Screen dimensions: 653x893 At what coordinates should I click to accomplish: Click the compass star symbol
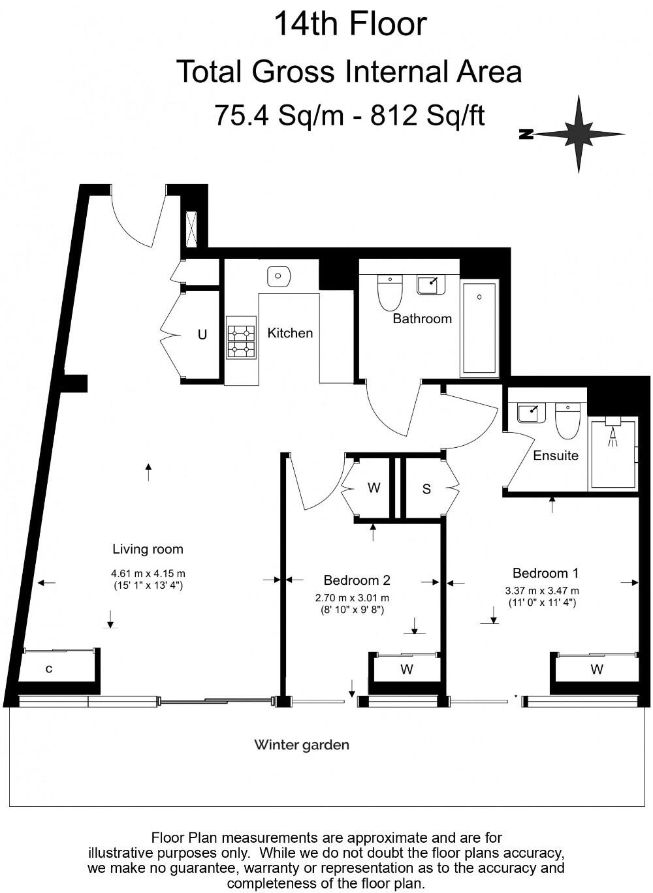tap(579, 134)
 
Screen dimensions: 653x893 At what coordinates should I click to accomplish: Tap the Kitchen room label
tap(290, 333)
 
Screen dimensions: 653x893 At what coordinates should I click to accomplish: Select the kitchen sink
tap(278, 275)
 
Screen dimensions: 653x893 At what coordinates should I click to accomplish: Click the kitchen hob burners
tap(242, 337)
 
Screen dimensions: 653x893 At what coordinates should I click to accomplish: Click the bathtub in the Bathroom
tap(479, 328)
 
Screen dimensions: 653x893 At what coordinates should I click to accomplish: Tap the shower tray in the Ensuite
tap(613, 454)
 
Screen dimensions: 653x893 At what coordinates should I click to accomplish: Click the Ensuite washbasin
tap(532, 413)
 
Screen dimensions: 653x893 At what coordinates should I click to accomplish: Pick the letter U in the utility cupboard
tap(202, 334)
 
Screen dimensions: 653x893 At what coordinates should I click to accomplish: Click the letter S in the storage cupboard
tap(426, 489)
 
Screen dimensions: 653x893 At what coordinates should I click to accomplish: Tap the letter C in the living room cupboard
tap(49, 669)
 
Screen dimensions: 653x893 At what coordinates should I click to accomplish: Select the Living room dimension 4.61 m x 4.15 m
tap(148, 574)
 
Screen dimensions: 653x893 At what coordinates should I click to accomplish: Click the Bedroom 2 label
tap(357, 580)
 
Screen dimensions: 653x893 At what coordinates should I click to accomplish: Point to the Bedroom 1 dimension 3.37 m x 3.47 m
tap(542, 591)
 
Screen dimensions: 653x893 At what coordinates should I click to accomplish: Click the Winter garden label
tap(302, 745)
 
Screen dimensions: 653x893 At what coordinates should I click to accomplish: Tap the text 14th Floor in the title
tap(351, 24)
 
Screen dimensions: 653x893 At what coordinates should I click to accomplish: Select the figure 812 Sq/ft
tap(428, 115)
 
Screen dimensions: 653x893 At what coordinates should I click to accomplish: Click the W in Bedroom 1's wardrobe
tap(597, 669)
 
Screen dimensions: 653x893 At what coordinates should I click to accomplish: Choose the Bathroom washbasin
tap(431, 285)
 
